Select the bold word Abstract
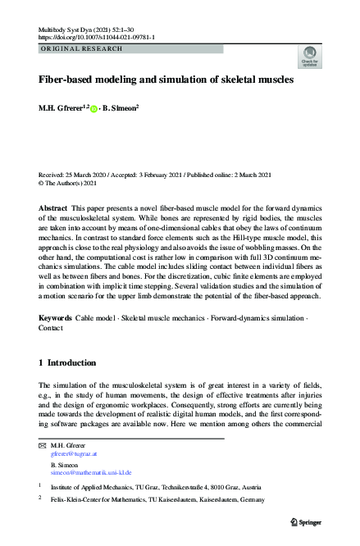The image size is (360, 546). [x=52, y=210]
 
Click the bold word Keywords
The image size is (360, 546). [x=56, y=316]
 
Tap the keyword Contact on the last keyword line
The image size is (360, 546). [x=52, y=326]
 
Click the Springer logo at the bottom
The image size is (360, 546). [x=308, y=522]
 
